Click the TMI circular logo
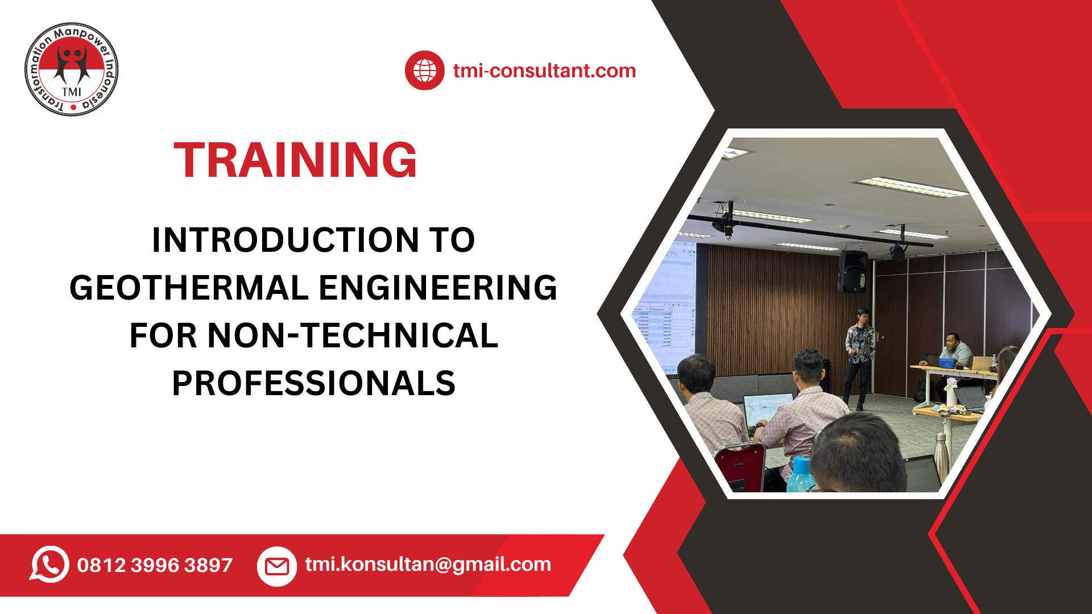(x=72, y=69)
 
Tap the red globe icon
(x=424, y=70)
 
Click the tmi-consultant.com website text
(x=544, y=70)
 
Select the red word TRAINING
(x=295, y=160)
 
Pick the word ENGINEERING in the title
(x=437, y=288)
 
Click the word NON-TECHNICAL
(x=353, y=335)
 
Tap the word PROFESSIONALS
(x=313, y=383)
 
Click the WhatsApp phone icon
(x=49, y=565)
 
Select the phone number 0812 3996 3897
(x=155, y=565)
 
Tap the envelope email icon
(x=277, y=566)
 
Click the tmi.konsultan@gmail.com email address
(x=428, y=564)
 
